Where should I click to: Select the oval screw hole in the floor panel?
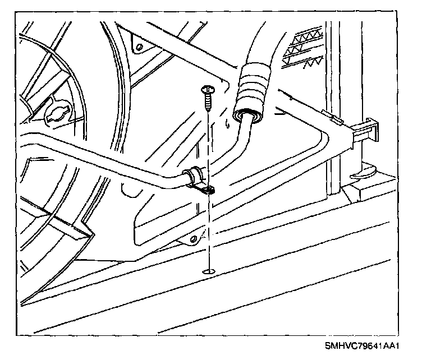pos(209,272)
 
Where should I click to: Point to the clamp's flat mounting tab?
pos(207,191)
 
